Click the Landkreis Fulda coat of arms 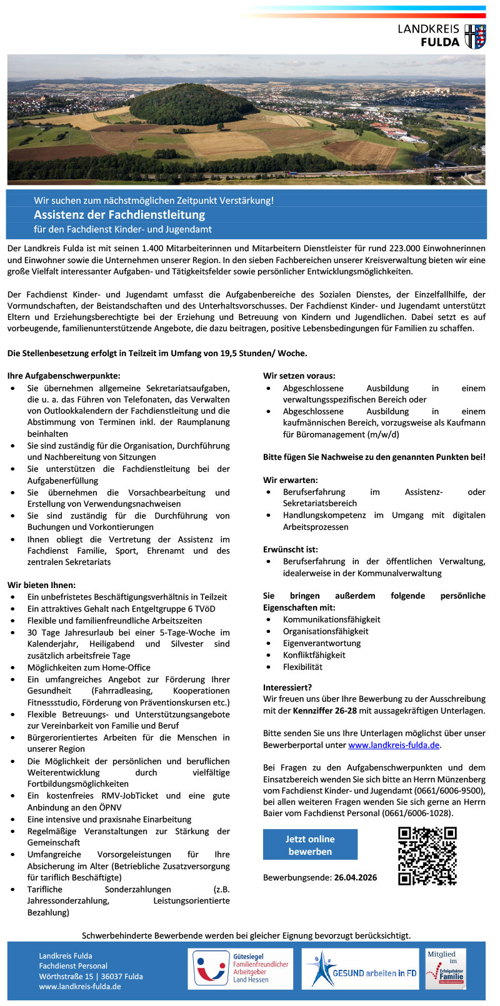(x=475, y=36)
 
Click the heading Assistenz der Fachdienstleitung (x=119, y=215)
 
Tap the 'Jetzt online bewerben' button (x=310, y=845)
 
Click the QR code (x=427, y=855)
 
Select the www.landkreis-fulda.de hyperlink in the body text (x=394, y=745)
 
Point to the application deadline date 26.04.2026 (x=355, y=877)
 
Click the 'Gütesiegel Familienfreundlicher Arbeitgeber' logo (x=241, y=969)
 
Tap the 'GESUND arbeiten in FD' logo (x=360, y=969)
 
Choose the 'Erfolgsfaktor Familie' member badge (x=446, y=969)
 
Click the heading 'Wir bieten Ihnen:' (x=41, y=585)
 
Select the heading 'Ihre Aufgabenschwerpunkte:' (x=64, y=376)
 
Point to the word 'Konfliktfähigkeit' (x=314, y=655)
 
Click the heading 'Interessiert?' (x=287, y=687)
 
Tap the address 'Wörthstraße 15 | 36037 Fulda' (x=91, y=976)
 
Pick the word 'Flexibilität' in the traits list (x=302, y=667)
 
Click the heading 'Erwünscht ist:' (x=291, y=550)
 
